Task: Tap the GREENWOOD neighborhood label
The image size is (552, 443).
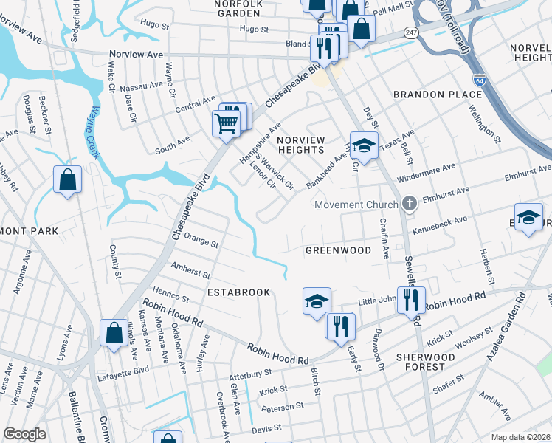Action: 339,250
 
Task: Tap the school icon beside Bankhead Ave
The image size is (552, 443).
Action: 364,145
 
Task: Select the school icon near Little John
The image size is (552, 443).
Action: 317,301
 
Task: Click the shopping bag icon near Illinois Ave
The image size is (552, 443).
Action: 114,333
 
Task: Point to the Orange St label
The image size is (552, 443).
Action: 201,241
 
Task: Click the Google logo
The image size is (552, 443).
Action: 25,434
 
